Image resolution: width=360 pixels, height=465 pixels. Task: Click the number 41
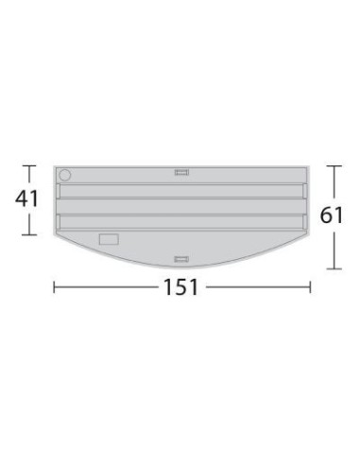pyautogui.click(x=28, y=200)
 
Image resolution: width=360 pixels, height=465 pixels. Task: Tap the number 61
pyautogui.click(x=332, y=215)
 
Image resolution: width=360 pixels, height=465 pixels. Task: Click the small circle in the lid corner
pyautogui.click(x=64, y=175)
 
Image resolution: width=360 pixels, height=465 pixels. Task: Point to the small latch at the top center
pyautogui.click(x=182, y=172)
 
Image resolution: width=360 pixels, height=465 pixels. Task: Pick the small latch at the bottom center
pyautogui.click(x=182, y=257)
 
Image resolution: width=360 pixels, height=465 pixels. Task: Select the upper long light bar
pyautogui.click(x=182, y=192)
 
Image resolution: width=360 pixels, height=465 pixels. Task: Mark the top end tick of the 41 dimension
pyautogui.click(x=29, y=166)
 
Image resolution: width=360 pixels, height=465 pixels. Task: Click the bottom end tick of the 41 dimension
pyautogui.click(x=29, y=235)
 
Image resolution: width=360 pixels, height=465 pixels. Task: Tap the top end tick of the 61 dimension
pyautogui.click(x=332, y=166)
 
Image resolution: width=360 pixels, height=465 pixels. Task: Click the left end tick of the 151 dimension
pyautogui.click(x=54, y=287)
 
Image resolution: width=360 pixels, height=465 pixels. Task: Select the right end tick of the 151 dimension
pyautogui.click(x=309, y=287)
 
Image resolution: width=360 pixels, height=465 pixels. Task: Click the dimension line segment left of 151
pyautogui.click(x=104, y=287)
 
